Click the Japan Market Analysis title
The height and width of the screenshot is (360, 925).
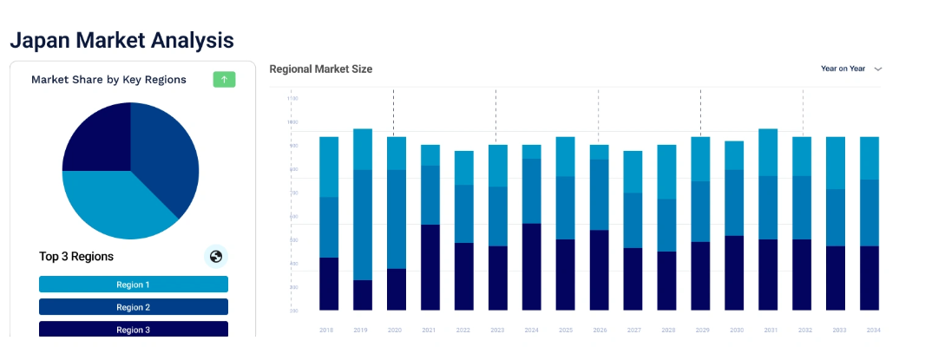121,40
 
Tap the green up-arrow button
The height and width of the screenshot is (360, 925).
224,80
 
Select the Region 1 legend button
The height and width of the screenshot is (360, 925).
134,285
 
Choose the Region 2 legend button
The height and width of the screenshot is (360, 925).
134,307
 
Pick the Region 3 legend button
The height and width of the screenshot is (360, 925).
134,329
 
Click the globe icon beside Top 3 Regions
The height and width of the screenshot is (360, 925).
216,256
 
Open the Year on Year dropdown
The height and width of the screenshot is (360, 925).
851,69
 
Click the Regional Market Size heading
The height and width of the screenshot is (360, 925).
321,69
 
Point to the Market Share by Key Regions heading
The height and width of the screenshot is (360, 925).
108,80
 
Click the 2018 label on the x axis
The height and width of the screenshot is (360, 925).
327,331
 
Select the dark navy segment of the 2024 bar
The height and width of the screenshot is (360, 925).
532,266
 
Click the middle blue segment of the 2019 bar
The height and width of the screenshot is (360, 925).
363,225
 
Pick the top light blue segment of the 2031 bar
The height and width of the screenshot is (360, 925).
768,153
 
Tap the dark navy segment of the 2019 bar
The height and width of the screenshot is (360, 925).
363,295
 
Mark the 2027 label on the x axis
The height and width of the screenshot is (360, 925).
633,331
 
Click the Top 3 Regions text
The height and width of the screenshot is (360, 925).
76,257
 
